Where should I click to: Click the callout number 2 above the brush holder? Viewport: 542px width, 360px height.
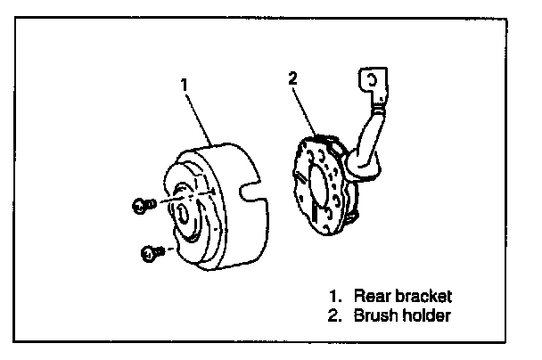(293, 78)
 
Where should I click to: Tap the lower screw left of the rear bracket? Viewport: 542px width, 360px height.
(148, 255)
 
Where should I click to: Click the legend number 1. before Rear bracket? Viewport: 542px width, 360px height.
(334, 295)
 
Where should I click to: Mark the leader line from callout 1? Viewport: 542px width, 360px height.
(199, 116)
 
